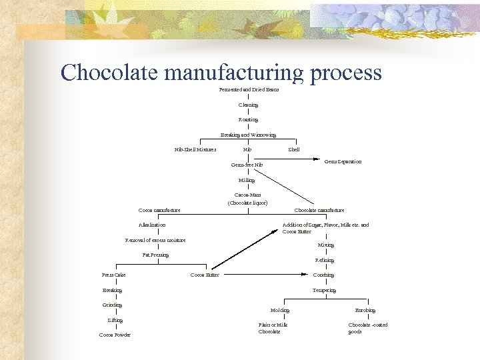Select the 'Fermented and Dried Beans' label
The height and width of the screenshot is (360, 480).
(x=249, y=89)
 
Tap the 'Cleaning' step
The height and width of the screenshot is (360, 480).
(x=248, y=105)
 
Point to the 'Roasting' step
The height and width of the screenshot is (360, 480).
(x=248, y=119)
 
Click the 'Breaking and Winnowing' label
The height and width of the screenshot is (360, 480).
(x=248, y=135)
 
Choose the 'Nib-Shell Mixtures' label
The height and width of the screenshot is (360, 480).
(x=195, y=149)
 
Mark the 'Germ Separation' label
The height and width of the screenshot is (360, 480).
(x=343, y=161)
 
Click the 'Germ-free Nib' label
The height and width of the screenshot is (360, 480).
(x=247, y=165)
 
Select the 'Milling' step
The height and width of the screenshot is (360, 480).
(x=247, y=180)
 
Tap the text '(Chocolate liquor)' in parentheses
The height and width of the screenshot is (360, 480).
(x=247, y=202)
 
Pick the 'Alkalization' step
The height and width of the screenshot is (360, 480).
(x=152, y=225)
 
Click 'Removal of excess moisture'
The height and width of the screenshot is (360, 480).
(x=155, y=240)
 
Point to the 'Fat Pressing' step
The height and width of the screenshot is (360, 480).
(x=155, y=255)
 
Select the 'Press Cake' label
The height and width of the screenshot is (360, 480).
(x=113, y=275)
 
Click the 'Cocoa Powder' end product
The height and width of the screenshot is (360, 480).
(x=115, y=335)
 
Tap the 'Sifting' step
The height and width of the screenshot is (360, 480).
(x=115, y=320)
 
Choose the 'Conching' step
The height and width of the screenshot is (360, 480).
(x=323, y=275)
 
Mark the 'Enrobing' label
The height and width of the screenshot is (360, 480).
(x=365, y=310)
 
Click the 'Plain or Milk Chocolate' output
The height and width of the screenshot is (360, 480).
(x=273, y=328)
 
